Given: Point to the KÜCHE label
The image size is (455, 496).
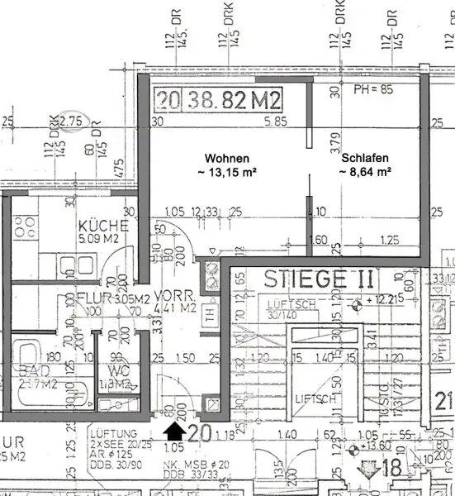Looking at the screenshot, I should point(102,226).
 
